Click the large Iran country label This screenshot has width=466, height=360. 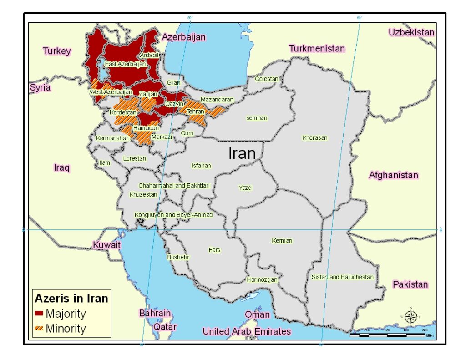click(242, 153)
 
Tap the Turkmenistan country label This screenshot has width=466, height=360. click(317, 48)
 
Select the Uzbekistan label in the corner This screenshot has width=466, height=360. click(411, 32)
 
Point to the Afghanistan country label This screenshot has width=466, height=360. click(393, 175)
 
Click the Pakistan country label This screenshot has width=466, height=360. click(410, 284)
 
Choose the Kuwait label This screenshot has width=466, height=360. click(107, 245)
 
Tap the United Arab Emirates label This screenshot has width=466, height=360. click(247, 331)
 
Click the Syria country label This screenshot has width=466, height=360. click(40, 87)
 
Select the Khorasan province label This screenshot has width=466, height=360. click(314, 137)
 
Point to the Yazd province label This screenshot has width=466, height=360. click(245, 188)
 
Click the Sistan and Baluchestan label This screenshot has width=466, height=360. click(342, 277)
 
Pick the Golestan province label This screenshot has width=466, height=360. click(266, 79)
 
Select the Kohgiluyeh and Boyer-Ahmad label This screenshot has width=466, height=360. click(173, 214)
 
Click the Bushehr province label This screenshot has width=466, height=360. click(178, 257)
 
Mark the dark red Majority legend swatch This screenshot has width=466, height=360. click(39, 314)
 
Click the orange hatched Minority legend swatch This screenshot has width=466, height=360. click(39, 328)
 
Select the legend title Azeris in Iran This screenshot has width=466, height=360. click(71, 299)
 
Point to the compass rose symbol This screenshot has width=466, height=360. click(411, 315)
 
